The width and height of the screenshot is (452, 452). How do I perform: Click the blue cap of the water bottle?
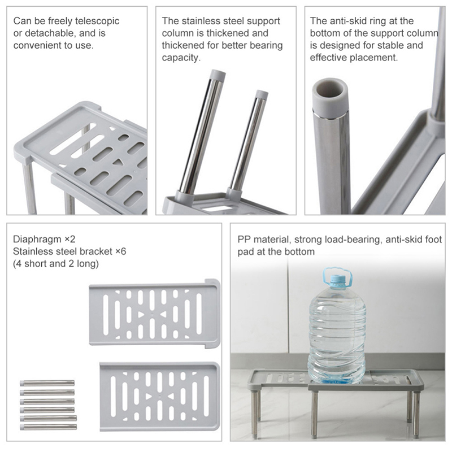pos(337,280)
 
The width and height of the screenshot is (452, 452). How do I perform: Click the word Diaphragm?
pos(37,239)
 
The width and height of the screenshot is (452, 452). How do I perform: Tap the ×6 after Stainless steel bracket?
pos(121,251)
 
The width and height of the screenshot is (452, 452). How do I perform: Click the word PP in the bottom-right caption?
pos(244,240)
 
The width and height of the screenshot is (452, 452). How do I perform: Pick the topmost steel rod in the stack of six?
pos(47,383)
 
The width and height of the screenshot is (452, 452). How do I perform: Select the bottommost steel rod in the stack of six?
pos(49,427)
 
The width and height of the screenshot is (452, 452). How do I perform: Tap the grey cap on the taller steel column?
pos(218,75)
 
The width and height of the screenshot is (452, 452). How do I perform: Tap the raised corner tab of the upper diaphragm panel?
pos(212,283)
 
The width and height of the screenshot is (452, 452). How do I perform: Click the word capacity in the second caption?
pos(180,58)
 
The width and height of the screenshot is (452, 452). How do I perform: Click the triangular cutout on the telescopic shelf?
pos(118,163)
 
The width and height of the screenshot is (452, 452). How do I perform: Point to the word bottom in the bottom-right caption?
pos(299,251)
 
